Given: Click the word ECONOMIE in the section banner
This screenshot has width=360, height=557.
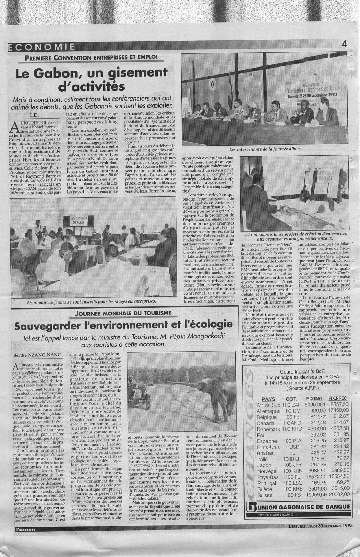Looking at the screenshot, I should click(41, 47).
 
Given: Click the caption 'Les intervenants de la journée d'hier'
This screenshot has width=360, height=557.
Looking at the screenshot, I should click(265, 149).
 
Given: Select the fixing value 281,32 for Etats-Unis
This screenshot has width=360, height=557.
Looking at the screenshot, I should click(318, 447).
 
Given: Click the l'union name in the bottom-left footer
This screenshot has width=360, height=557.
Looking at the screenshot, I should click(25, 529).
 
